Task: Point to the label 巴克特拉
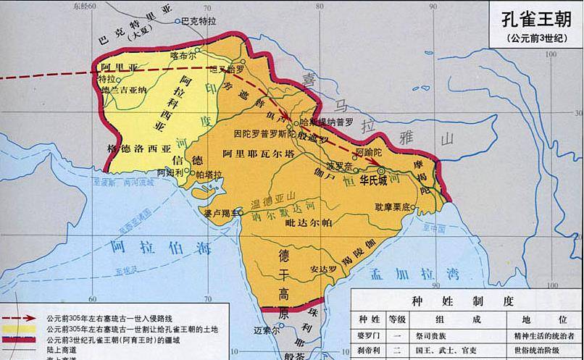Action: point(199,22)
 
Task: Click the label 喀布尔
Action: point(183,54)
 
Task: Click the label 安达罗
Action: point(325,269)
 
